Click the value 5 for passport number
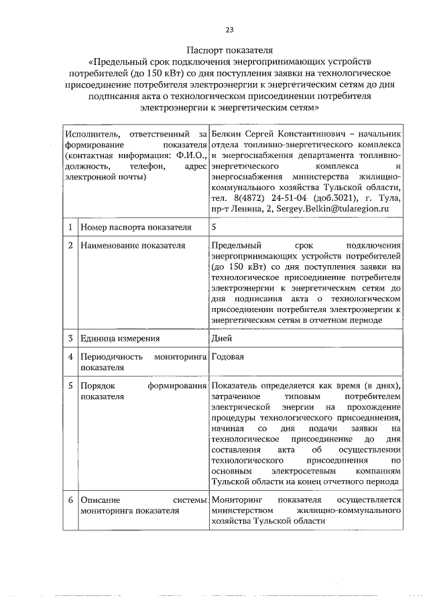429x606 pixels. tap(213, 228)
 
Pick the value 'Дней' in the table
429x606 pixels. tap(221, 339)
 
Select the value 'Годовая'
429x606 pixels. tap(227, 356)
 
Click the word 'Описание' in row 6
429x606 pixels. tap(99, 500)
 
